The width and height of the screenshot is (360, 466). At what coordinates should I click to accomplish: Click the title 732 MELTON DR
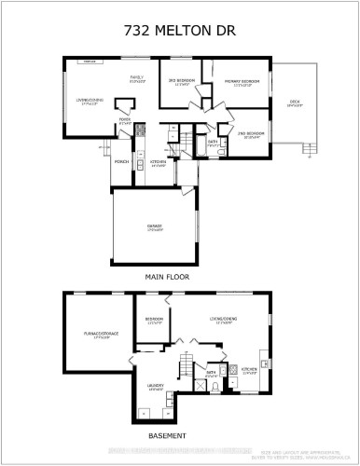(x=180, y=31)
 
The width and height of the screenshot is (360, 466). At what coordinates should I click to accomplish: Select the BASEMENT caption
(x=167, y=436)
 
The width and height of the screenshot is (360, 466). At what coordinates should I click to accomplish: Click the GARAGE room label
(x=156, y=228)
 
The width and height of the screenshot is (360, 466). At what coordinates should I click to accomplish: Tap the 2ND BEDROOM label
(x=253, y=133)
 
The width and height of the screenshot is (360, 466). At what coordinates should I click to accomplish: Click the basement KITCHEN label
(x=249, y=368)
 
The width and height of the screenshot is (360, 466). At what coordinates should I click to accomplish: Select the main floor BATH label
(x=214, y=142)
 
